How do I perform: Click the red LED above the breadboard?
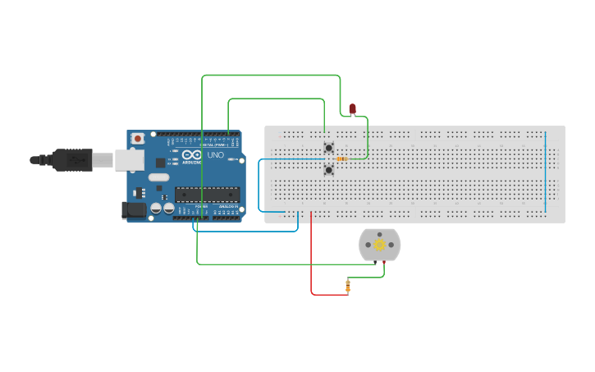[352, 108]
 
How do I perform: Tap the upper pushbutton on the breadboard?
[329, 149]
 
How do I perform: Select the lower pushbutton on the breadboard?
[329, 170]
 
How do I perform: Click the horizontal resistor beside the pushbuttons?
[342, 158]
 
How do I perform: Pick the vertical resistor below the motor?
[348, 286]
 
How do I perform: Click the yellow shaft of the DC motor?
[379, 245]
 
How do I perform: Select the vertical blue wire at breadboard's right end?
[545, 171]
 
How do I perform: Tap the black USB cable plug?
[74, 159]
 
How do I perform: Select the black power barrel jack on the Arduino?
[132, 210]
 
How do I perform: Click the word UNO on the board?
[215, 155]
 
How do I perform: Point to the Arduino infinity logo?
[192, 154]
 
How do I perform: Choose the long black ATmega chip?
[207, 195]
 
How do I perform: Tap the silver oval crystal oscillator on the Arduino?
[159, 177]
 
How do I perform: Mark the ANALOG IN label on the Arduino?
[227, 208]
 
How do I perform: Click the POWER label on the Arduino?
[200, 208]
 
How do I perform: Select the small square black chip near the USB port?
[160, 163]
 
